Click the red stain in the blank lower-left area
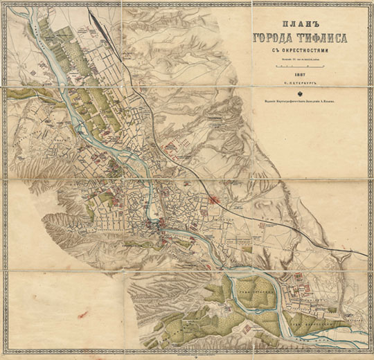84,315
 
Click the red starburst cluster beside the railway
215,200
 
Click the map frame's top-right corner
369,3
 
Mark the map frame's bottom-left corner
4,356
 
